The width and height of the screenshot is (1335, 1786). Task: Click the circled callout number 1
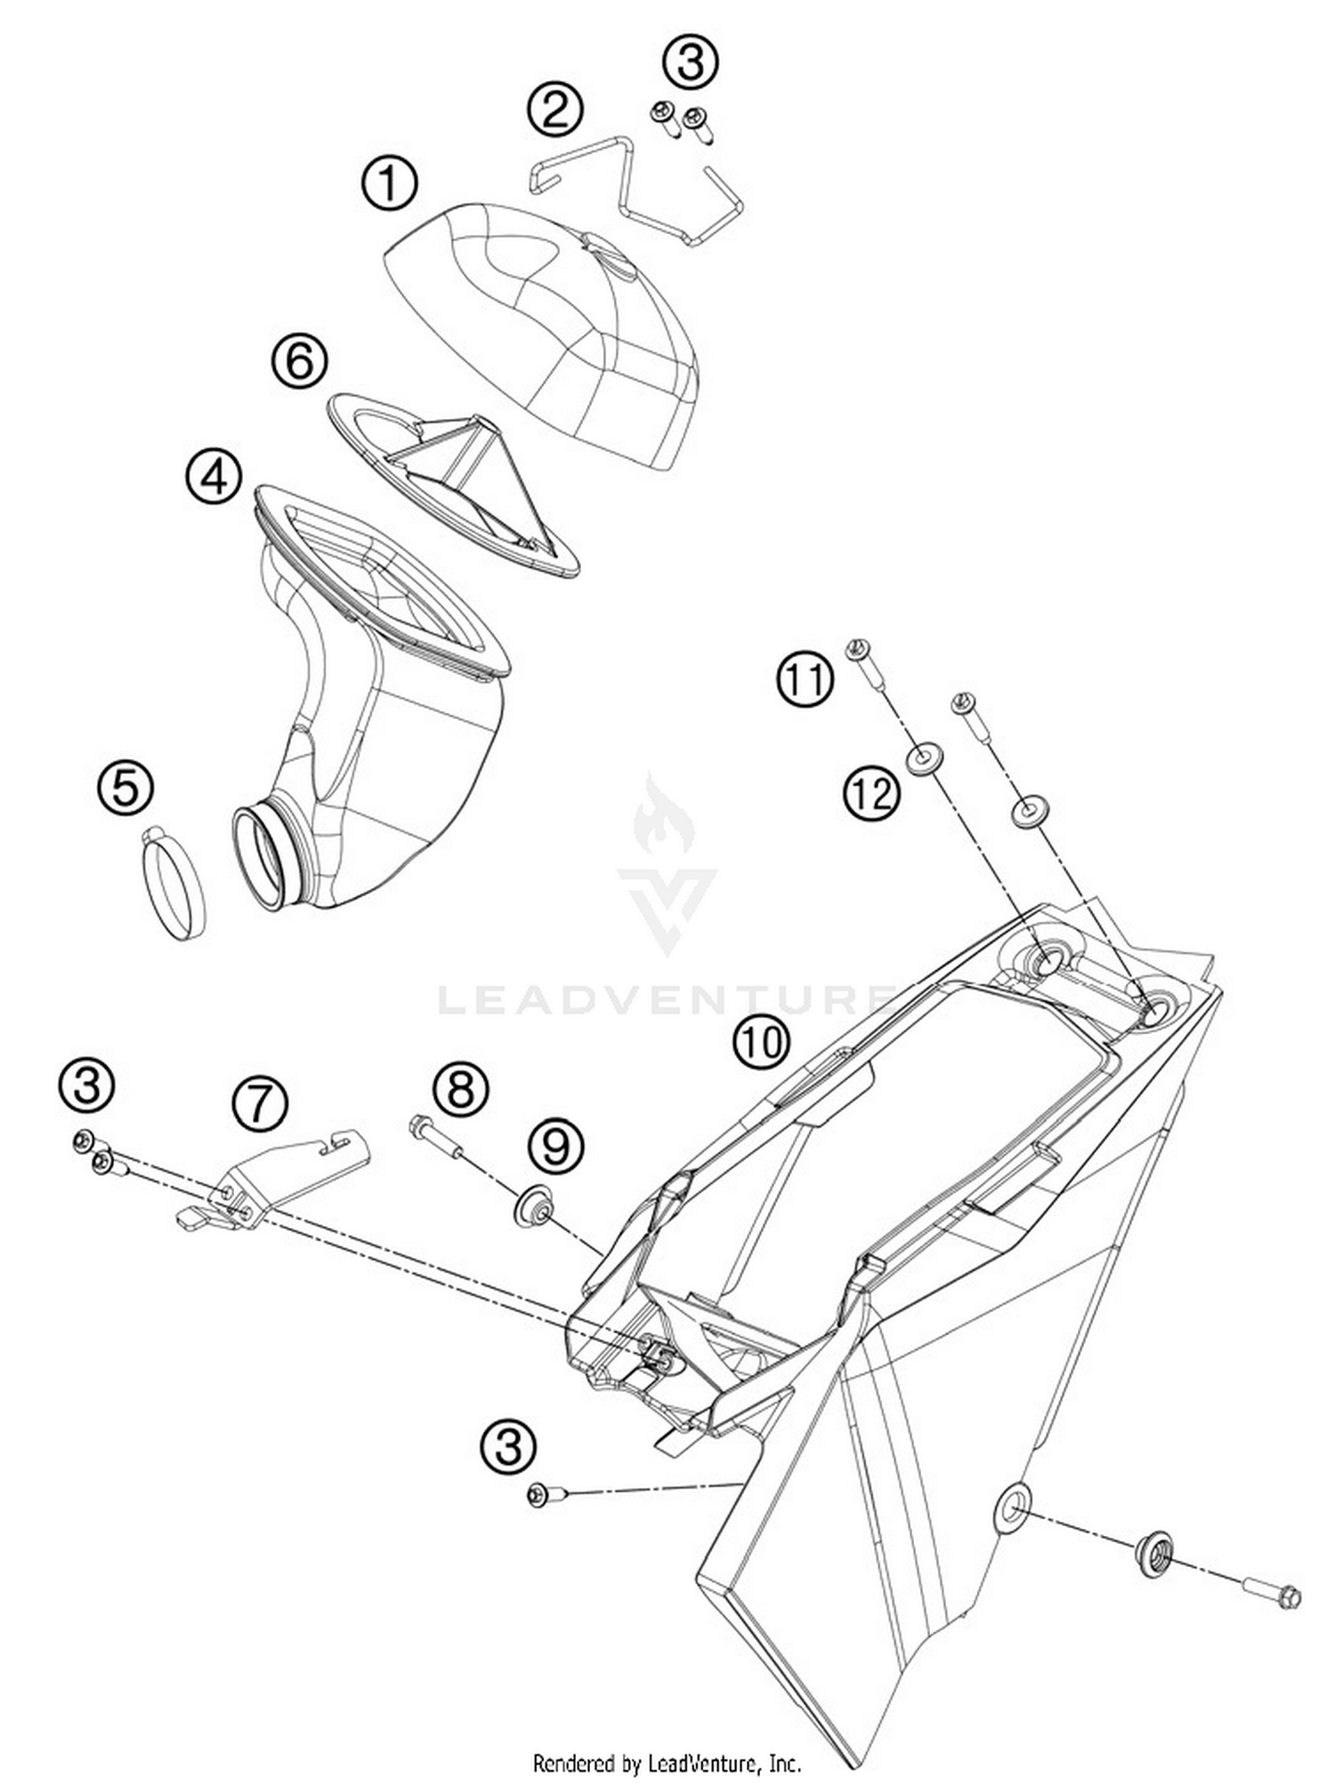click(x=389, y=184)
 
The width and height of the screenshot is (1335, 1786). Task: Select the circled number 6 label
click(x=299, y=360)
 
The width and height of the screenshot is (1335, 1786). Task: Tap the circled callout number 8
click(x=461, y=1088)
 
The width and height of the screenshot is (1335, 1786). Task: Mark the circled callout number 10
click(x=761, y=1042)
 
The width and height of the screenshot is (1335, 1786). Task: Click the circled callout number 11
click(x=805, y=679)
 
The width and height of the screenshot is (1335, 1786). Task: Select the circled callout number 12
click(x=871, y=793)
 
